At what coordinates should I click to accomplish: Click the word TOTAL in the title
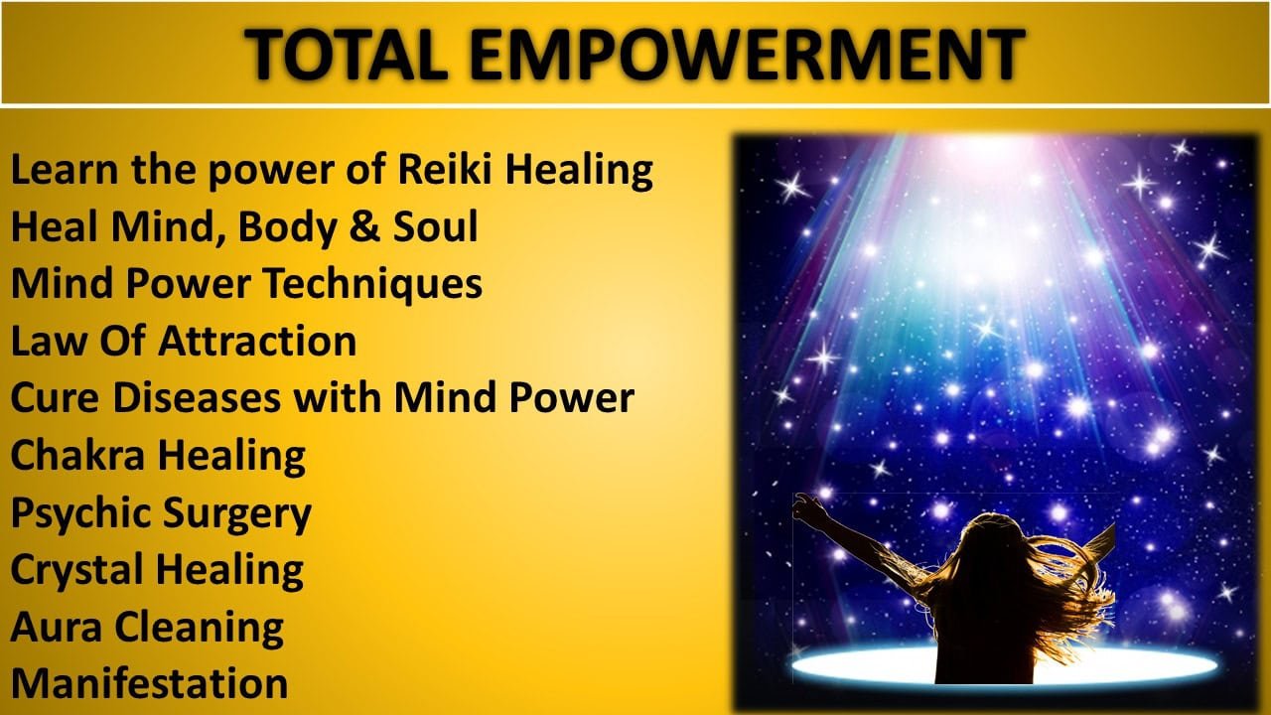pos(347,54)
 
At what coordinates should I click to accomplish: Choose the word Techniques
pos(374,285)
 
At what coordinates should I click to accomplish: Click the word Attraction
pos(257,341)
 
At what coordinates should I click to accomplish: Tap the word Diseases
pos(197,397)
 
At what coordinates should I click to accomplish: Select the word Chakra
pos(77,455)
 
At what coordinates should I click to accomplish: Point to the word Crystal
pos(77,570)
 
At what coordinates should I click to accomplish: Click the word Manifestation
pos(149,682)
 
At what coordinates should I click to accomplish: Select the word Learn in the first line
pos(65,169)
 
